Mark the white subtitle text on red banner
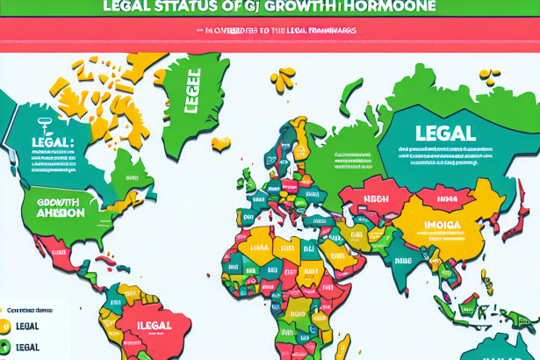270,30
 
